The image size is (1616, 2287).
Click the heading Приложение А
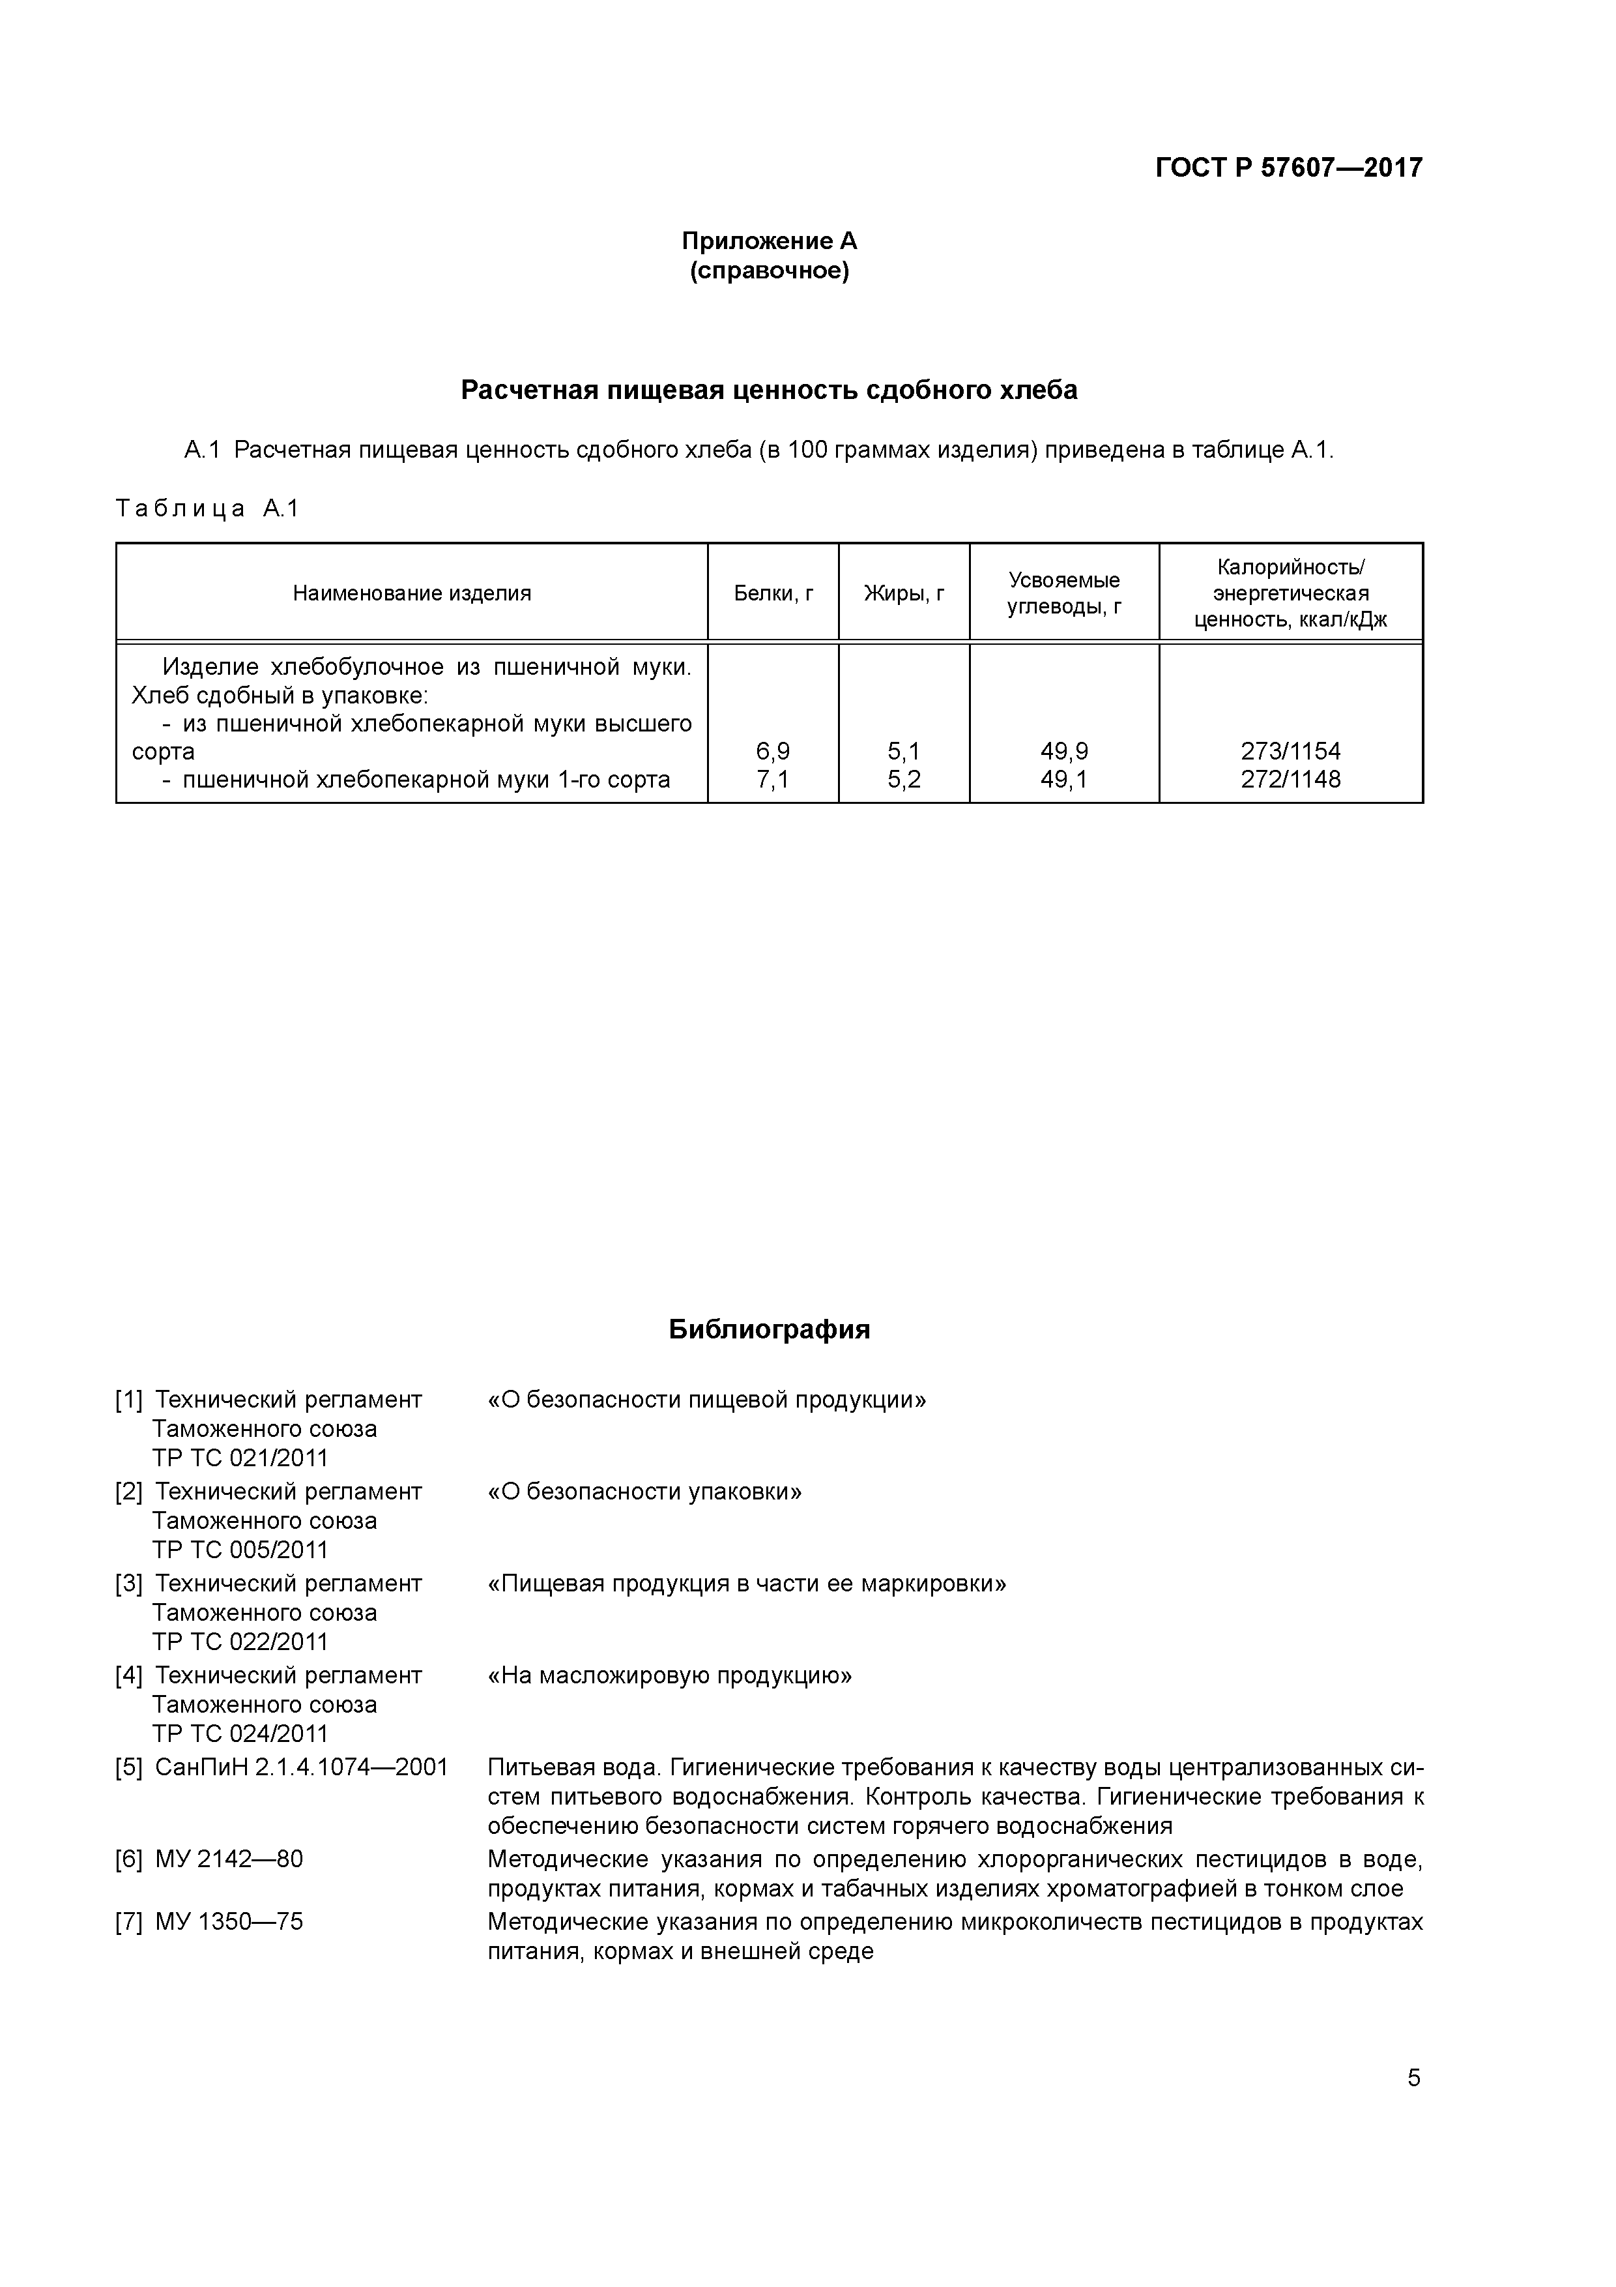click(x=769, y=241)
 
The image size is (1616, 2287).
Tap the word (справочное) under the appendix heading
click(x=769, y=271)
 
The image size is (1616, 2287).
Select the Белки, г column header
click(x=773, y=594)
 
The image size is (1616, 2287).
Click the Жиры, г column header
click(x=903, y=594)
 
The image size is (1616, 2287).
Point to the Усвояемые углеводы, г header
click(x=1063, y=594)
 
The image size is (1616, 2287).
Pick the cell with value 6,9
click(x=773, y=751)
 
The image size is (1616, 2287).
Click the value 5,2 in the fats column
click(x=903, y=779)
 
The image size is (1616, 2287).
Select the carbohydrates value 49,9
click(x=1063, y=751)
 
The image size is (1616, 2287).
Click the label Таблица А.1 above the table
click(x=207, y=509)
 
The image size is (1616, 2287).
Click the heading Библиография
click(x=769, y=1330)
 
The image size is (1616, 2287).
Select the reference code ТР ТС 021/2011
click(x=240, y=1458)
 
